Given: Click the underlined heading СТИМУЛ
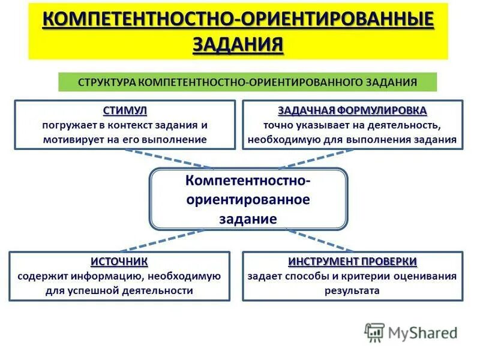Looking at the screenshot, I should (x=125, y=111).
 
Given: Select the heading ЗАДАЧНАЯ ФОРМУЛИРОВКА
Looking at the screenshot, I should (x=353, y=111).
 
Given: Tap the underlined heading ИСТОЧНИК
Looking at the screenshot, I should (x=119, y=262).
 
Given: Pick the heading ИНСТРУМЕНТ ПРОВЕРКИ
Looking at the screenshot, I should (x=353, y=262).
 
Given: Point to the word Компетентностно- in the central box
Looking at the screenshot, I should (x=248, y=180).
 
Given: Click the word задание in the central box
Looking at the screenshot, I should (x=248, y=218).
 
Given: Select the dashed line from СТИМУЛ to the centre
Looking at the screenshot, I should (x=168, y=159).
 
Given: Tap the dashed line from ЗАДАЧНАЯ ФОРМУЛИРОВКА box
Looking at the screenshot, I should (x=324, y=159).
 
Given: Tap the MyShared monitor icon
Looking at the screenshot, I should (x=374, y=332).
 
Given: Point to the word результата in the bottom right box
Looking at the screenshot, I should (x=353, y=291).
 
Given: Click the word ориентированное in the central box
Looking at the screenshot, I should (x=248, y=199).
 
